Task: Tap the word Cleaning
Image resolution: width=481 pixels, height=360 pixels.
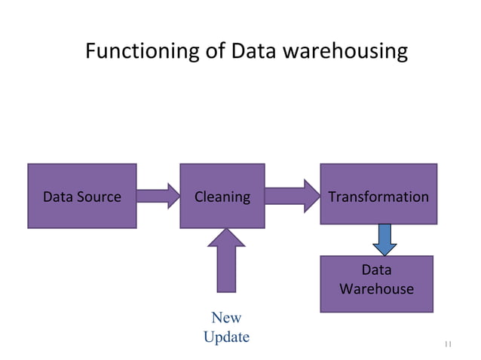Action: coord(222,197)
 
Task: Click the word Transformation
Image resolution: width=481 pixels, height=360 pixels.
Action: coord(378,197)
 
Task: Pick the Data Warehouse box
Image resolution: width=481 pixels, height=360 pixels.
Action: coord(376,283)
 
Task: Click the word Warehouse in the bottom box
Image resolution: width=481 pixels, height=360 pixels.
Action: coord(376,289)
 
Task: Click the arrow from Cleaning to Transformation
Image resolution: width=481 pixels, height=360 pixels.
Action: coord(292,197)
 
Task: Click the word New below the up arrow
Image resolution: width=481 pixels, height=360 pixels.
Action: coord(226,318)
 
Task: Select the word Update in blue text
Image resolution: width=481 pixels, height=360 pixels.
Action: coord(226,337)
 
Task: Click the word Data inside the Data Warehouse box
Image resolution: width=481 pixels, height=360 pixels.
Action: coord(376,270)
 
